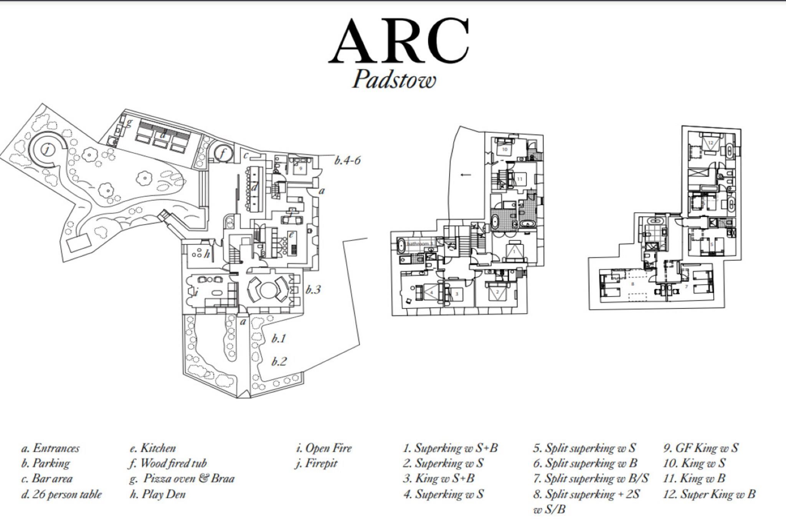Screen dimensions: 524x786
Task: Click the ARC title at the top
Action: [x=399, y=41]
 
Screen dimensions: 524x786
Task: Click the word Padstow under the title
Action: [x=394, y=80]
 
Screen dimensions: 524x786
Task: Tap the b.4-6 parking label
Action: [x=347, y=160]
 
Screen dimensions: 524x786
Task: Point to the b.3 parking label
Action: [x=313, y=289]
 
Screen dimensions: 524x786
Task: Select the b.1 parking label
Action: [x=279, y=339]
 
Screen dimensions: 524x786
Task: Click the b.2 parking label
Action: [x=279, y=362]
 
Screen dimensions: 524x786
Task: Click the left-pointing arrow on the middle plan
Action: [x=466, y=175]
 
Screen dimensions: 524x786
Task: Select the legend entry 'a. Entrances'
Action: [x=50, y=448]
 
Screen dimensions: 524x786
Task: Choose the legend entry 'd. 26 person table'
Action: [x=61, y=494]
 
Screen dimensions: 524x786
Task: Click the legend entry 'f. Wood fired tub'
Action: [x=168, y=463]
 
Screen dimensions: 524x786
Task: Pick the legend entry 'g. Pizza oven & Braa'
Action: [x=182, y=479]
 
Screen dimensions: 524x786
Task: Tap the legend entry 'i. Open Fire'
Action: [x=324, y=448]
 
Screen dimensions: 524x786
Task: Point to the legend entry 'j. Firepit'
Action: [x=316, y=463]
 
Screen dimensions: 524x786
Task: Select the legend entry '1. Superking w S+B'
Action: [x=450, y=448]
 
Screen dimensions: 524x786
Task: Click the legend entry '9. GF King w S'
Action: [x=701, y=448]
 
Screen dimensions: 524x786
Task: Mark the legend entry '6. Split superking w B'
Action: [x=585, y=463]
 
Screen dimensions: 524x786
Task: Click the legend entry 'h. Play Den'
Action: [x=157, y=494]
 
